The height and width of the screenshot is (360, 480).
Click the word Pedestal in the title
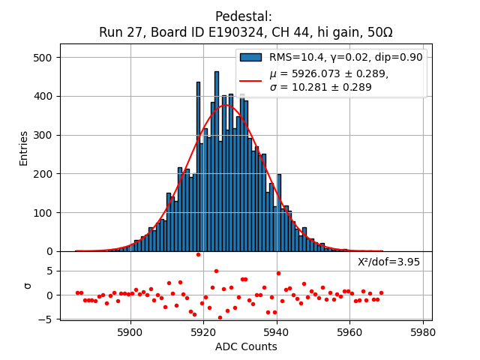(244, 16)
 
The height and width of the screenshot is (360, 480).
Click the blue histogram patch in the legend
(250, 57)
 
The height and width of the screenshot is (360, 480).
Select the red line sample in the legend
(250, 80)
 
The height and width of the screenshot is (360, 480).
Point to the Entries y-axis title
(24, 148)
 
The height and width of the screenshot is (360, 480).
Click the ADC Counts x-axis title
(246, 346)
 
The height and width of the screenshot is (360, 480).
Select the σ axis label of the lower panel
(28, 286)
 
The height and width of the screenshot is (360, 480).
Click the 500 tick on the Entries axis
(44, 58)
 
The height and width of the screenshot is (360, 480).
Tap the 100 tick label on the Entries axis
(44, 213)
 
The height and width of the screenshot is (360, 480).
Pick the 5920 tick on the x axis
(203, 331)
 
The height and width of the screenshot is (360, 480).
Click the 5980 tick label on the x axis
(423, 331)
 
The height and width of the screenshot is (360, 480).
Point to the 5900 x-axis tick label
(130, 331)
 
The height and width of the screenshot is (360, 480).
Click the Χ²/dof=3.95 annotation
(388, 262)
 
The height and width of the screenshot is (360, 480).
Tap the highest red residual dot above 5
(198, 254)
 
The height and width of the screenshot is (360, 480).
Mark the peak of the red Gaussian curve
(226, 105)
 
